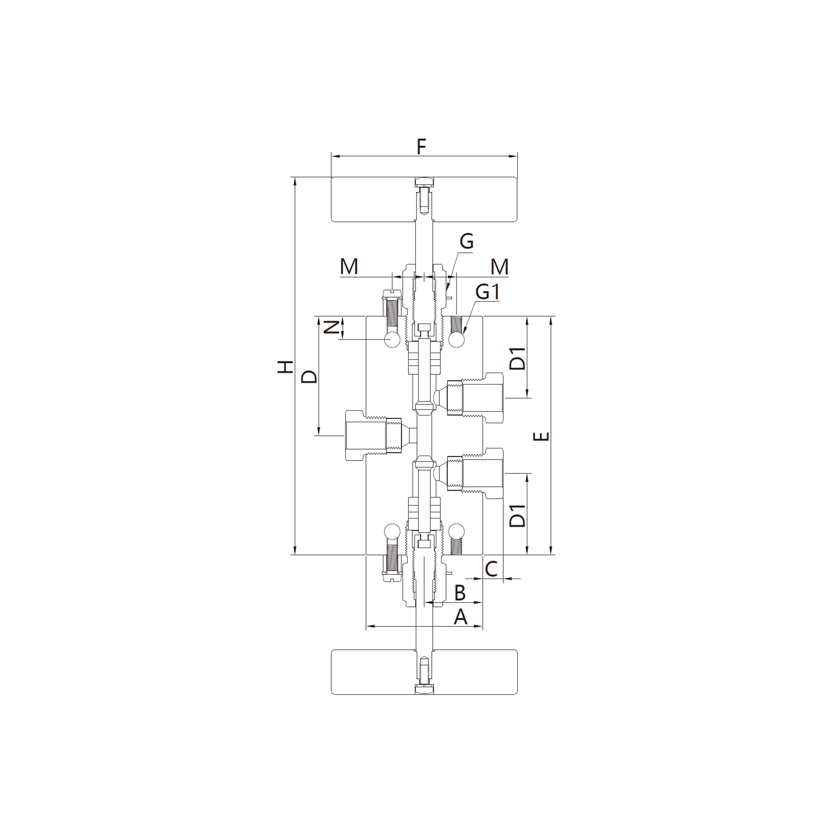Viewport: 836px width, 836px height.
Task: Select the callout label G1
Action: coord(488,293)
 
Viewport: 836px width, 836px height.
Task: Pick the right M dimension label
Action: coord(499,267)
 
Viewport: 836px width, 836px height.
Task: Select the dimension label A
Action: coord(460,617)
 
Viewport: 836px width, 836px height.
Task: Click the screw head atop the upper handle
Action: coord(424,181)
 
